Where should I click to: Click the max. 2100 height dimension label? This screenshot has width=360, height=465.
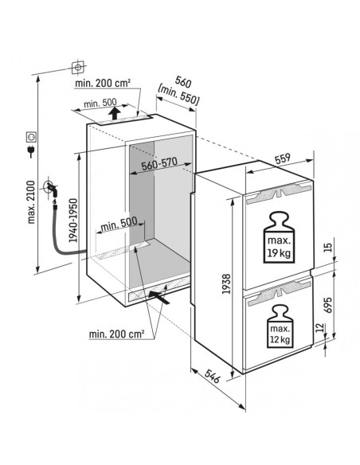pos(31,202)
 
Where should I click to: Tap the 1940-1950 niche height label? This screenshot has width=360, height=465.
pos(72,221)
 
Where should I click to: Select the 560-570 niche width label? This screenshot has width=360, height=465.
pos(159,163)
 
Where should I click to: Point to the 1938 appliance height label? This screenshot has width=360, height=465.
pos(226,283)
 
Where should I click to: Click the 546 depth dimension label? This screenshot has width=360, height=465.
pos(213,376)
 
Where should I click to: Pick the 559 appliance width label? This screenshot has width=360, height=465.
pos(282,158)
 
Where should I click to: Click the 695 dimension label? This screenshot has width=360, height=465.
pos(327,305)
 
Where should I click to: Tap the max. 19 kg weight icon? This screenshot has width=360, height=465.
pos(279,237)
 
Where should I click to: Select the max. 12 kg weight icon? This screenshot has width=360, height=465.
pos(280,326)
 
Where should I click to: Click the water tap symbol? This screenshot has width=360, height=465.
pos(51,189)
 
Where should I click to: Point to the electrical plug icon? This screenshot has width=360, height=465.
pos(31,150)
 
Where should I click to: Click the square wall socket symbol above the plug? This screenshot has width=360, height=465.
pos(31,137)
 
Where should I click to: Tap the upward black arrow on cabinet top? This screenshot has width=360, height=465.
pos(114,114)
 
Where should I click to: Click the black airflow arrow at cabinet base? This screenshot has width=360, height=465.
pos(159,297)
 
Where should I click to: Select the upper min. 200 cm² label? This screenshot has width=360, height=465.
pos(103,83)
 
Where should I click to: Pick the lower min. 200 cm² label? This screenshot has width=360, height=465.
pos(116,334)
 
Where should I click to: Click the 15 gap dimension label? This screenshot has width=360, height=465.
pos(327,247)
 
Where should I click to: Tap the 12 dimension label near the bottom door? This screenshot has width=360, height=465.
pos(319,327)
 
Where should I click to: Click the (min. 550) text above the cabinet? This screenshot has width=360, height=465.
pos(178,95)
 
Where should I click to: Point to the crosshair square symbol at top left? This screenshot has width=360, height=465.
pos(78,68)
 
